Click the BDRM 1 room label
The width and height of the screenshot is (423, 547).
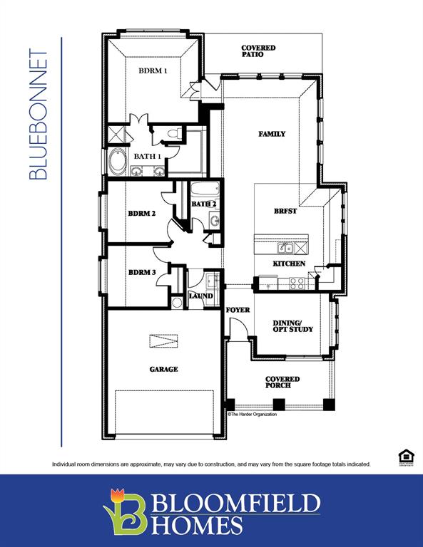coord(153,71)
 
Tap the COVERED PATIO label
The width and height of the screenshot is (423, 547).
coord(258,51)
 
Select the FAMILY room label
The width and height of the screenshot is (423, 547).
coord(271,134)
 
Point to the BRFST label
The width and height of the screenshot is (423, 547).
coord(285,211)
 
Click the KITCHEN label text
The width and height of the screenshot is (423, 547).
coord(289,264)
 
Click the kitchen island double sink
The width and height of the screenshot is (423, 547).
coord(285,248)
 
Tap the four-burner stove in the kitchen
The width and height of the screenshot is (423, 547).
coord(297,282)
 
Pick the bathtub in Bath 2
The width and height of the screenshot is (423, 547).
coord(204,191)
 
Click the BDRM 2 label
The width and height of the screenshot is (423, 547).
coord(142,213)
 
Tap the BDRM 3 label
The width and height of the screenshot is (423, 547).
coord(142,272)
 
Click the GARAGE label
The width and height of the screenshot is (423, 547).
coord(163,369)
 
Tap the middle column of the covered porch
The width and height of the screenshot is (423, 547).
coord(279,404)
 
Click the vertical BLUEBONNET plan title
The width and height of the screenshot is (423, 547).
coord(40,114)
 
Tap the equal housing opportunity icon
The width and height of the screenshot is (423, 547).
coord(404,456)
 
